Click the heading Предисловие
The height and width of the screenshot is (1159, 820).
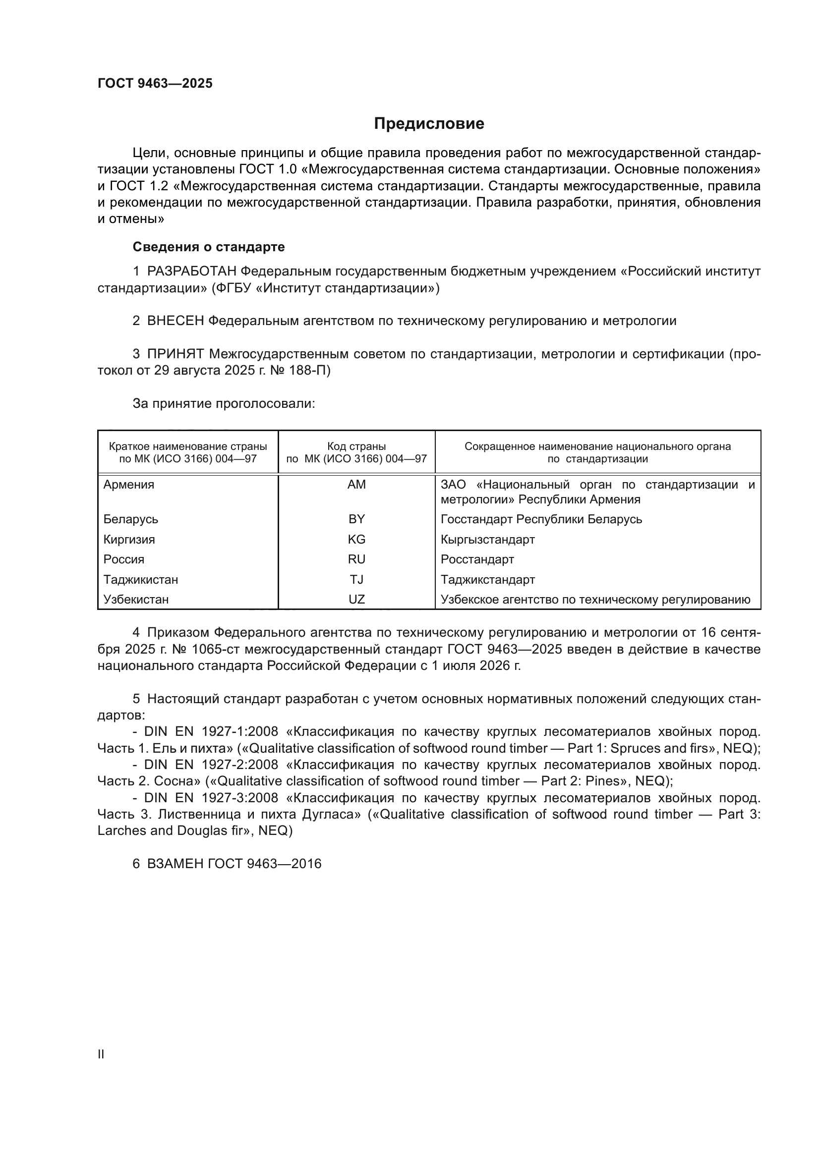tap(429, 124)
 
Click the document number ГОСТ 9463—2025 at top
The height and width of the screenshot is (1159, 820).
tap(155, 84)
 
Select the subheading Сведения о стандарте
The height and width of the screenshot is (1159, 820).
tap(209, 247)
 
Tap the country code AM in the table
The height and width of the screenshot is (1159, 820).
tap(356, 485)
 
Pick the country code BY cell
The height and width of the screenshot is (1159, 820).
tap(356, 519)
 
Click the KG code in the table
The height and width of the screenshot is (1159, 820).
tap(356, 539)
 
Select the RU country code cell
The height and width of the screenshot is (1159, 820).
tap(356, 559)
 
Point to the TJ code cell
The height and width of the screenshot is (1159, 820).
tap(356, 580)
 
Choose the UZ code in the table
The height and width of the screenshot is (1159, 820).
tap(356, 600)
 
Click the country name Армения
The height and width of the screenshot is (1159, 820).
tap(129, 485)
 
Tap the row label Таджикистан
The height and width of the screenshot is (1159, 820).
tap(140, 580)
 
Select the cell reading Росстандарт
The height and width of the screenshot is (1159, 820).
tap(477, 559)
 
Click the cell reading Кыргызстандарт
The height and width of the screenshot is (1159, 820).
tap(488, 539)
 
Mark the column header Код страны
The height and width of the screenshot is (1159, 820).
tap(356, 446)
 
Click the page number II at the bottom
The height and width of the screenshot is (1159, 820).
tap(101, 1054)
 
